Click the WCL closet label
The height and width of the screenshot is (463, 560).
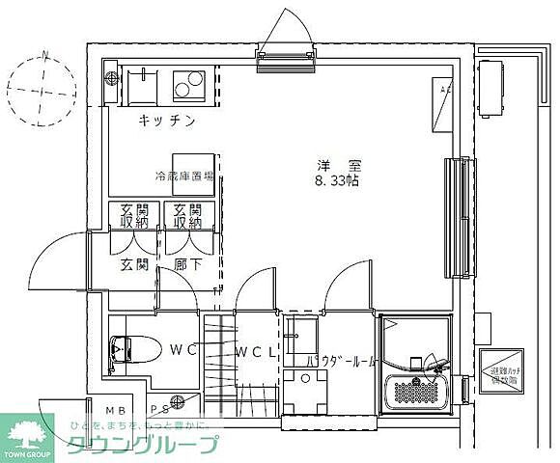click(x=255, y=351)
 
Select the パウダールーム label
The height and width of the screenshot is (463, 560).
click(x=341, y=362)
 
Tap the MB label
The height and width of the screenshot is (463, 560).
click(x=115, y=409)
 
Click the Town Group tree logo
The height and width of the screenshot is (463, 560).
click(x=21, y=431)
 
